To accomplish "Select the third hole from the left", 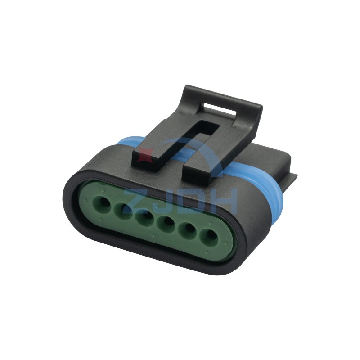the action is coord(144,218).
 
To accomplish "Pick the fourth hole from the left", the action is coord(167,224).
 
